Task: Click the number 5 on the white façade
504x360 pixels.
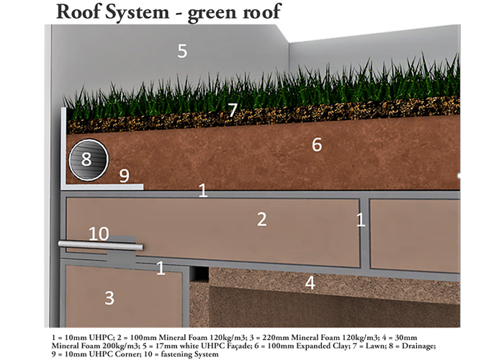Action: (182, 50)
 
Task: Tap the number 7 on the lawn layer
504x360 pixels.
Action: (232, 110)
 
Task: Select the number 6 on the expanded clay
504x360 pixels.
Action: (316, 144)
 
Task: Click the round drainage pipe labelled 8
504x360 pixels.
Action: (86, 161)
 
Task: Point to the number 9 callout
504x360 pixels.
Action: (124, 174)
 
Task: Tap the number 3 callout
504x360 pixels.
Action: (109, 297)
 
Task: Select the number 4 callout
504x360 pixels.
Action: (310, 283)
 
